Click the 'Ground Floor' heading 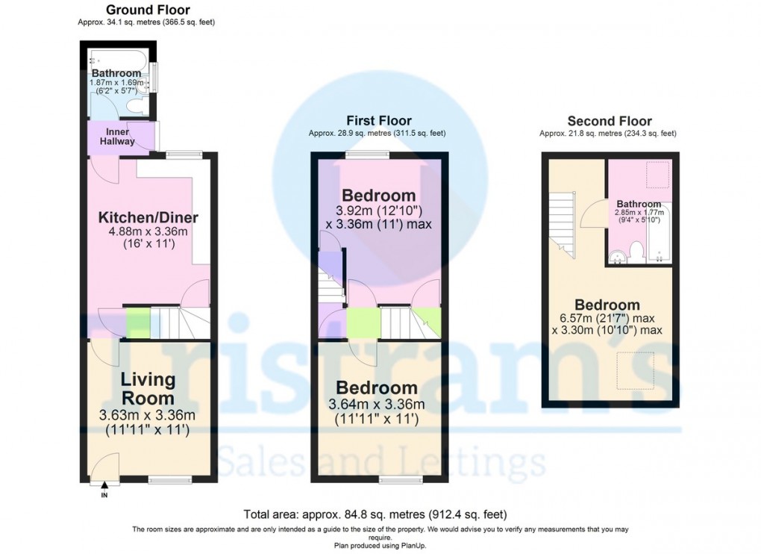point(148,10)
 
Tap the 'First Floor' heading point(378,120)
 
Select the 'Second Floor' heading point(609,121)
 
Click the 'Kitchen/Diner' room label point(148,218)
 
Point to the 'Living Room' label point(148,388)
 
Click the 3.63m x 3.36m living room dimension point(148,415)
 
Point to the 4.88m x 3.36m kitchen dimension point(148,231)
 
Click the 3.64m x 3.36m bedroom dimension point(377,405)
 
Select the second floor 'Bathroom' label point(639,204)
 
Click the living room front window point(165,480)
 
